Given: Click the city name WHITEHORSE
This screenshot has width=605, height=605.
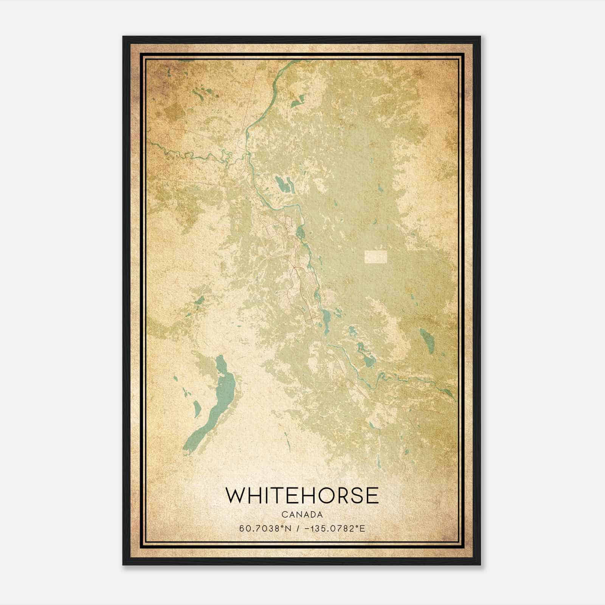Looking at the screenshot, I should [302, 495].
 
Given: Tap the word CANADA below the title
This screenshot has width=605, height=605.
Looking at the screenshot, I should [302, 515].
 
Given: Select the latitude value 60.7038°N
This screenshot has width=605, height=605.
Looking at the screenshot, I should [265, 529].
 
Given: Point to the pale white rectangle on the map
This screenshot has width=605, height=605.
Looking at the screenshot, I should [376, 257].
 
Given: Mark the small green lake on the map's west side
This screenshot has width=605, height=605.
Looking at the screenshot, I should [199, 301].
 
